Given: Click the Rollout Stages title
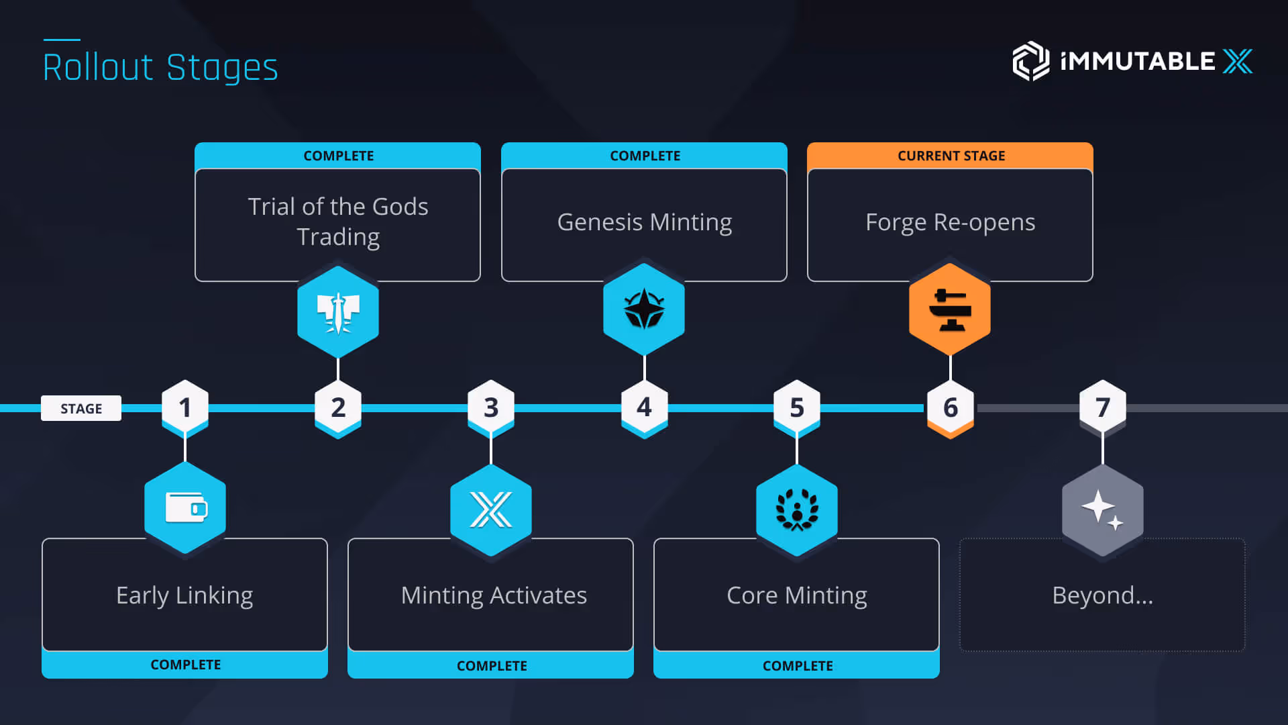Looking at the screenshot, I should tap(160, 67).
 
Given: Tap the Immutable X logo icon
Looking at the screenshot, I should tap(1030, 61).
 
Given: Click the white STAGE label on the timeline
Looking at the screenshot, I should tap(81, 408).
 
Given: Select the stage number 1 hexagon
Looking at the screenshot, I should tap(185, 407).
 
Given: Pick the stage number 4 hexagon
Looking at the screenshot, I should tap(644, 407).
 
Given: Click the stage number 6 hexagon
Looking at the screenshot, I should tap(950, 407).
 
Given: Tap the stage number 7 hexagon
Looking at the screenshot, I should tap(1102, 407).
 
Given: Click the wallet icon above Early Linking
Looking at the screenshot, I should tap(185, 508).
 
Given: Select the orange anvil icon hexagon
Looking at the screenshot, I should tap(950, 309).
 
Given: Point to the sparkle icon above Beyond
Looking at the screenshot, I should tap(1102, 510).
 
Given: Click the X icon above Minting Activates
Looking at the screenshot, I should tap(491, 510).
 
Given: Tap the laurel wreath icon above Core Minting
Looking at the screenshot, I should tap(797, 510).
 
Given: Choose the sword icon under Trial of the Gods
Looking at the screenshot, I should tap(338, 312).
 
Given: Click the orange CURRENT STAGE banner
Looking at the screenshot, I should tap(951, 156).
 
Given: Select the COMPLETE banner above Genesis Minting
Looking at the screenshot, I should tap(645, 156).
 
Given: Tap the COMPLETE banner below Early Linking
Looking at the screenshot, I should tap(185, 665).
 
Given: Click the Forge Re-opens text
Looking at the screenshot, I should tap(950, 222).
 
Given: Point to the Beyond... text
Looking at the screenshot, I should tap(1102, 595).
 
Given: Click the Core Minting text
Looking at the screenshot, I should tap(796, 595).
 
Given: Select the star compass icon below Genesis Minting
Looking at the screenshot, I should tap(644, 309).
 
